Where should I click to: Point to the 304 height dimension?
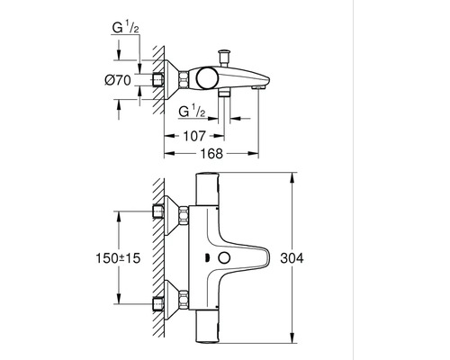(309, 259)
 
